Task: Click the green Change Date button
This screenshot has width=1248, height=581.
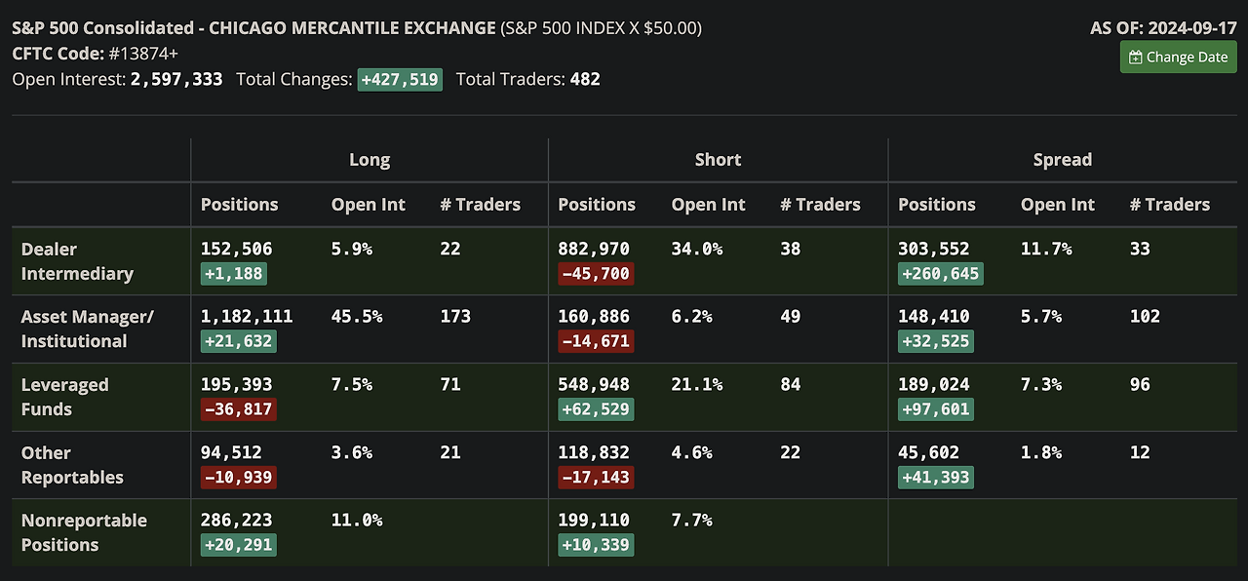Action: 1178,57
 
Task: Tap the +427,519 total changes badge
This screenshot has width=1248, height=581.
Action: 400,79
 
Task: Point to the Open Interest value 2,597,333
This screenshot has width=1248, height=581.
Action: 176,79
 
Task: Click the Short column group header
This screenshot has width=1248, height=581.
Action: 718,159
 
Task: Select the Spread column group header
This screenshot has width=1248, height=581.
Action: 1062,159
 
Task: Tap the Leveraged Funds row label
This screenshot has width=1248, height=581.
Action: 64,397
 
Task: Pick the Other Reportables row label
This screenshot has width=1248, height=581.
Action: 72,465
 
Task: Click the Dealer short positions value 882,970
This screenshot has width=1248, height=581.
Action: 594,249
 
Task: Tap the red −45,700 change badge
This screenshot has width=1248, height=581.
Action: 596,273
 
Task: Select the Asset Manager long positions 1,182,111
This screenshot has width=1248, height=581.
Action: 247,316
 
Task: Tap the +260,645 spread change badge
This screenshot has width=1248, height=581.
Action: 940,273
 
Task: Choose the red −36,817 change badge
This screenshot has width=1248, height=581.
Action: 238,408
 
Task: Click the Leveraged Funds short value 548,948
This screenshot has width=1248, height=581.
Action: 594,384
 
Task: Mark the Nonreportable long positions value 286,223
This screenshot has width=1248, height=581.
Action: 237,521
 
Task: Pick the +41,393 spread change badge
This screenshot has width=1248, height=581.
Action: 935,477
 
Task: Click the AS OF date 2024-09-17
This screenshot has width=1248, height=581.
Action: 1192,27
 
